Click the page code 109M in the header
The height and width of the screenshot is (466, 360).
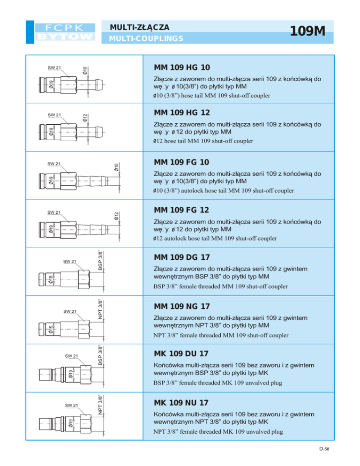(x=307, y=31)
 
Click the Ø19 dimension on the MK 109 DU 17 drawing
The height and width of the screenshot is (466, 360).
(x=70, y=374)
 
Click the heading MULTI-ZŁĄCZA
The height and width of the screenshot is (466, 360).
(x=138, y=27)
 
